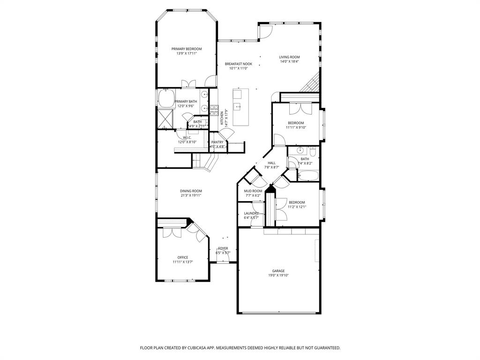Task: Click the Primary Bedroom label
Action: [186, 49]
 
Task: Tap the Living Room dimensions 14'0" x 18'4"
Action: [289, 61]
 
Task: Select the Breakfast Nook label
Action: [238, 64]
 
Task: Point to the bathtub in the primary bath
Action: [165, 99]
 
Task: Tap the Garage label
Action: [278, 270]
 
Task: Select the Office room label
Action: [182, 257]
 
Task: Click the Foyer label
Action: [223, 248]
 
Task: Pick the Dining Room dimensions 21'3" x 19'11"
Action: [191, 195]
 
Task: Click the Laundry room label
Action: [251, 213]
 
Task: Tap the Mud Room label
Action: [253, 191]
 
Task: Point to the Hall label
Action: [271, 163]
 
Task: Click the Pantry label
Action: [217, 142]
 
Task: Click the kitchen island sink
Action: [237, 106]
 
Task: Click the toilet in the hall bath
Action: [313, 151]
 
